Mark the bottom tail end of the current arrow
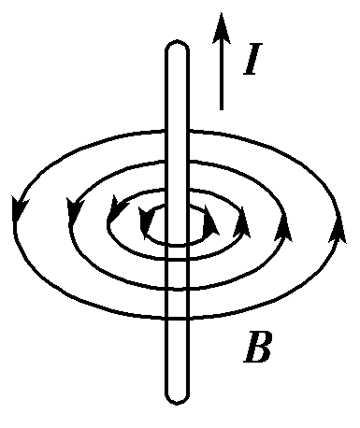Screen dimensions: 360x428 click(221, 107)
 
